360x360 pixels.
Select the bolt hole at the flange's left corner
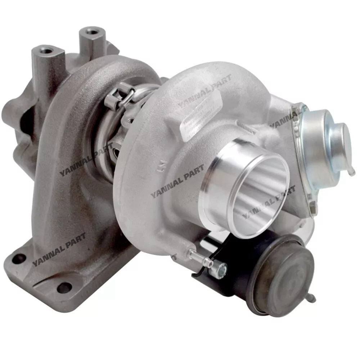pyautogui.click(x=19, y=258)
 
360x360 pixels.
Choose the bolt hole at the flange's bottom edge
pyautogui.click(x=64, y=287)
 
